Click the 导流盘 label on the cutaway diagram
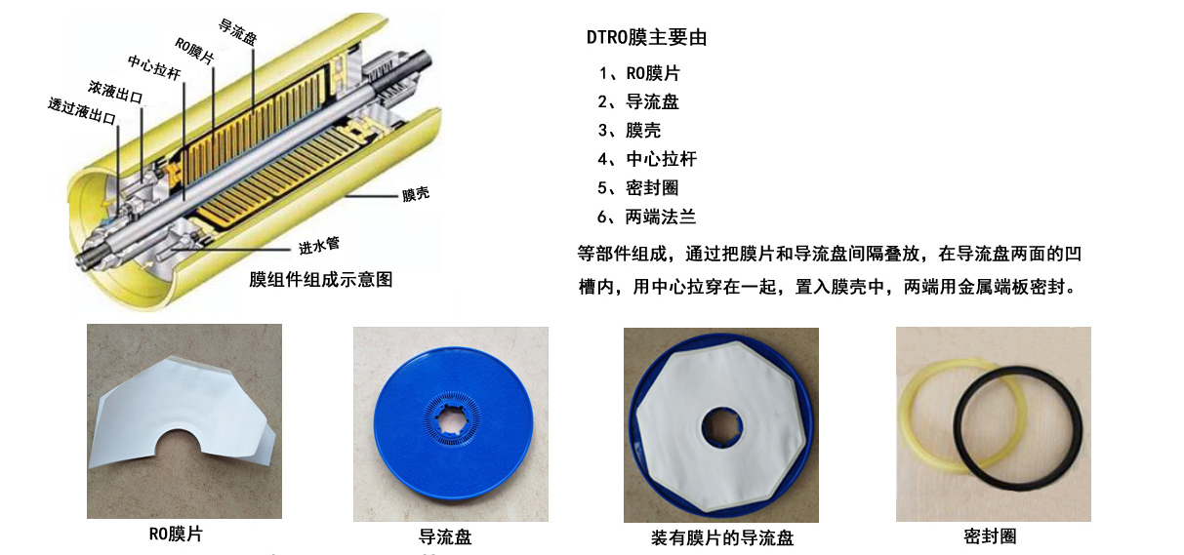pos(238,32)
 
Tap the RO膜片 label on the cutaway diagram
pos(194,51)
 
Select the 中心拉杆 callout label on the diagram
pos(154,68)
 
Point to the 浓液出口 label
pos(115,93)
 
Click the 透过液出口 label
pos(82,111)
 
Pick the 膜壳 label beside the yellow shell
pos(416,194)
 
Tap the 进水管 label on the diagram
pos(319,246)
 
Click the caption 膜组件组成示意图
pos(321,279)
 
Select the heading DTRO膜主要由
pos(646,37)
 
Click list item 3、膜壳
pos(629,131)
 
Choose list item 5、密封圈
pos(638,188)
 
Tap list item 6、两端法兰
pos(646,217)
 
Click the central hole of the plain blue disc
pos(453,422)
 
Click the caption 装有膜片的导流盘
pos(722,538)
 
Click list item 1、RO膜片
pos(639,73)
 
